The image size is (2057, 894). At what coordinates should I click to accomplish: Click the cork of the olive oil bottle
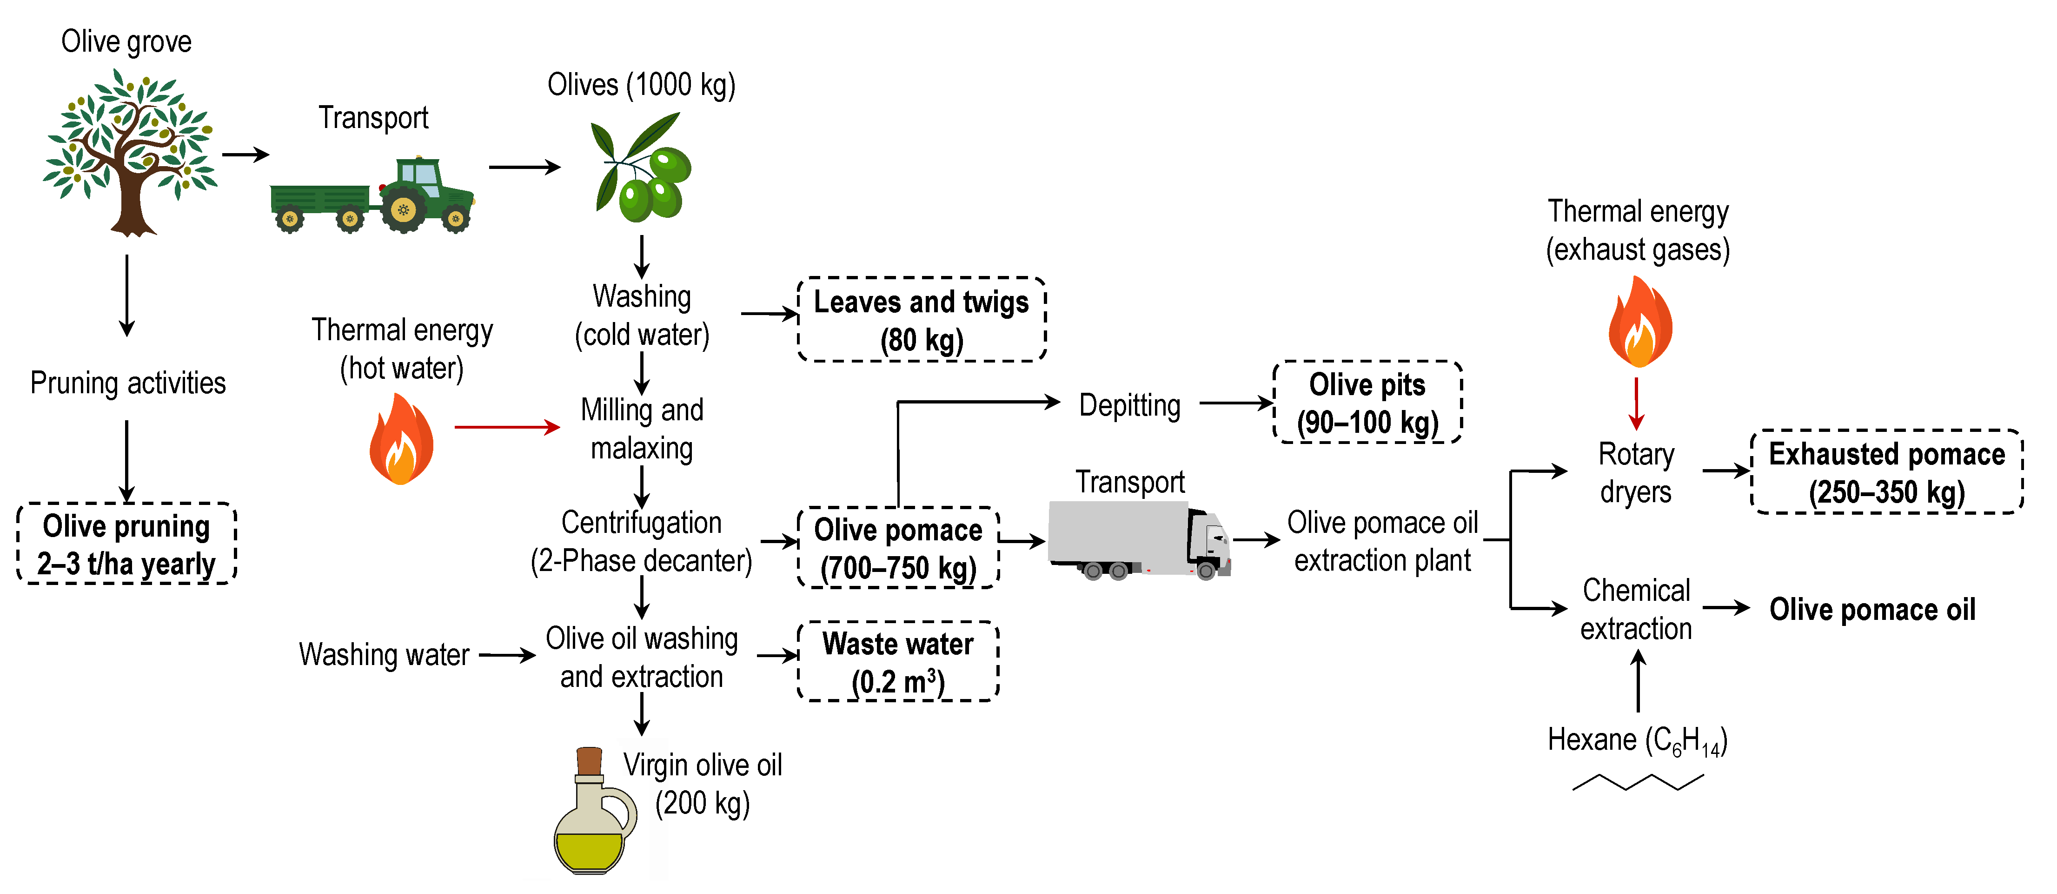pos(589,760)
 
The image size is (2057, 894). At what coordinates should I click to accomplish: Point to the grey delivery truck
pos(1137,540)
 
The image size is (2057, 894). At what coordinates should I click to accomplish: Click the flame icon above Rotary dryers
pos(1639,322)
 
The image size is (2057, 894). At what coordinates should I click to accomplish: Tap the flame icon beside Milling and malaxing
pos(401,441)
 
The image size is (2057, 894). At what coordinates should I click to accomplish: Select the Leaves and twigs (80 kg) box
pos(922,320)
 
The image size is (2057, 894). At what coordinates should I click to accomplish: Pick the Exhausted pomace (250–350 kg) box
pos(1886,472)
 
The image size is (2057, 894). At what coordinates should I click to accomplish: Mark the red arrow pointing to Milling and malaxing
pos(507,427)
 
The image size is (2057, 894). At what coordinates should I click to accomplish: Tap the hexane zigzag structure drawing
pos(1638,782)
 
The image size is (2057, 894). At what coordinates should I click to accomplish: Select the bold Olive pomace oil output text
pos(1872,610)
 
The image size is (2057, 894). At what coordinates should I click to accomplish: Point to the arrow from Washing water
pos(506,656)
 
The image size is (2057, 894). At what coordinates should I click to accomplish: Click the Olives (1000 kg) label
pos(641,85)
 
